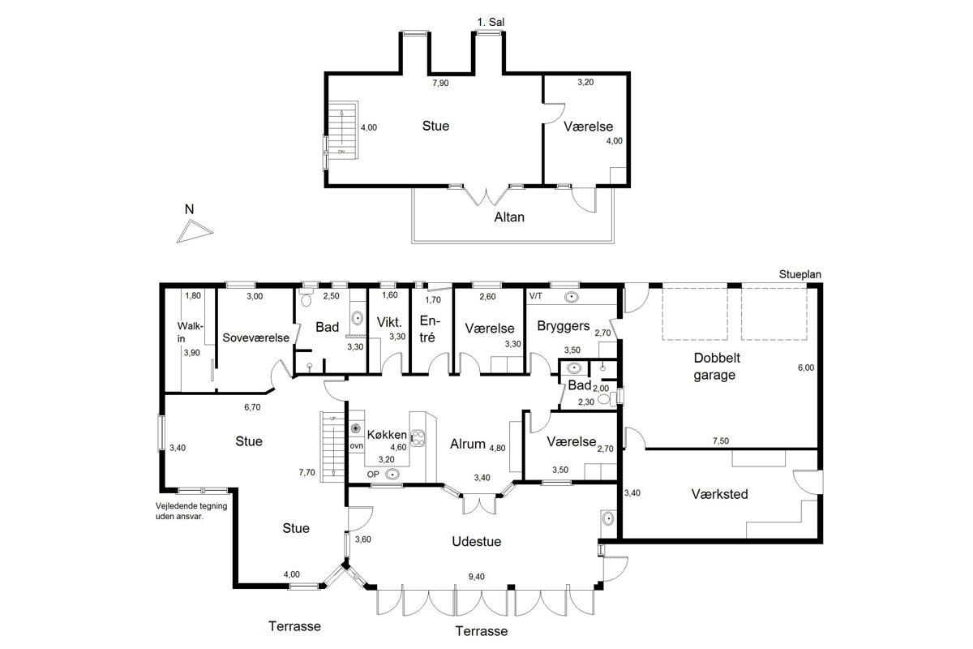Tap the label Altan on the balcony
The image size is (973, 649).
tap(509, 217)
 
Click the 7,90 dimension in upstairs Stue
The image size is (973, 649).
tap(440, 83)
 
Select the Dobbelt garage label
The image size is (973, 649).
tap(717, 366)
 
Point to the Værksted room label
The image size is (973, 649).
tap(720, 494)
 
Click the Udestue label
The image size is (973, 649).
tap(477, 541)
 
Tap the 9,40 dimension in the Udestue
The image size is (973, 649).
tap(477, 577)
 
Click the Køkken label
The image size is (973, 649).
tap(387, 435)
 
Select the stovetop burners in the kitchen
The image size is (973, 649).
tap(418, 438)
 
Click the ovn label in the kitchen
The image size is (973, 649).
tap(356, 446)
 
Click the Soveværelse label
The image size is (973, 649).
tap(256, 337)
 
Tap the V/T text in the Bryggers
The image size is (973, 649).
tap(536, 296)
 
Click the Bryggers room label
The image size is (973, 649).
tap(564, 326)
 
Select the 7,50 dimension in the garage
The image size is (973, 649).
tap(721, 441)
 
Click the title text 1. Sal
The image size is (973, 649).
tap(491, 22)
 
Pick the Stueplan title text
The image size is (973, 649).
tap(799, 275)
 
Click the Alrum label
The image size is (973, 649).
tap(467, 444)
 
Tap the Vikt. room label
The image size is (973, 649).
tap(389, 323)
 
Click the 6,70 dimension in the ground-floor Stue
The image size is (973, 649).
tap(252, 407)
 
